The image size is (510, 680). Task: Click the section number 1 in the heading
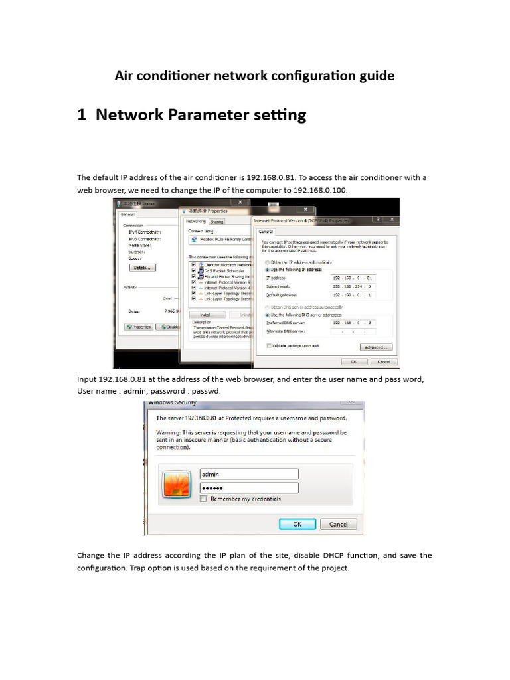click(82, 115)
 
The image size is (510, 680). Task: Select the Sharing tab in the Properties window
click(216, 222)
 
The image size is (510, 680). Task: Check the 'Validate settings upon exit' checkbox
click(268, 346)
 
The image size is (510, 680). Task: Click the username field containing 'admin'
click(249, 474)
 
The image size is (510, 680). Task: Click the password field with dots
click(249, 487)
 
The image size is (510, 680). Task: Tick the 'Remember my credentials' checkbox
click(204, 499)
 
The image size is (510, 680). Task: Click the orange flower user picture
click(177, 484)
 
